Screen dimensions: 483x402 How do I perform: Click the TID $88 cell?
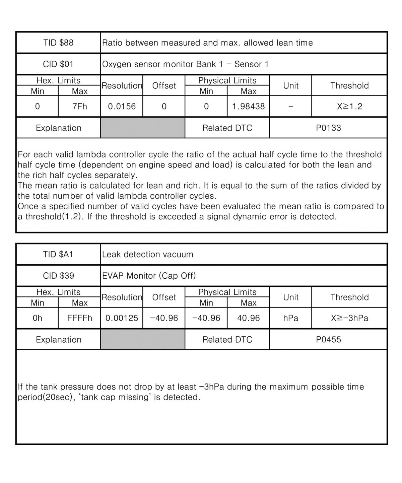pyautogui.click(x=58, y=43)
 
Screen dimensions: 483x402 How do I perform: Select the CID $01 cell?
pyautogui.click(x=58, y=64)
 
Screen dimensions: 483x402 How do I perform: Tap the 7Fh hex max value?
pyautogui.click(x=79, y=107)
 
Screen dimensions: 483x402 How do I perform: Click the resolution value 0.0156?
pyautogui.click(x=122, y=107)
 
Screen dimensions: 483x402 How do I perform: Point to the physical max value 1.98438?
pyautogui.click(x=248, y=107)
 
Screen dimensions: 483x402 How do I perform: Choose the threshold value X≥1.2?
pyautogui.click(x=349, y=107)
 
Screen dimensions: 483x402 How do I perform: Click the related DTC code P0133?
pyautogui.click(x=328, y=128)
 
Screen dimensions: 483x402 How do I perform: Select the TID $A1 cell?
pyautogui.click(x=58, y=255)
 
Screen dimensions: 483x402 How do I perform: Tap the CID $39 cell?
pyautogui.click(x=58, y=276)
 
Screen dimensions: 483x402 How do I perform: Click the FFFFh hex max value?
pyautogui.click(x=79, y=318)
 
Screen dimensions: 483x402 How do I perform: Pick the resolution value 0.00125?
pyautogui.click(x=122, y=318)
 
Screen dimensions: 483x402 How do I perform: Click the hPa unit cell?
pyautogui.click(x=290, y=318)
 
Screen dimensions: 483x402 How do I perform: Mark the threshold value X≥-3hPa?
pyautogui.click(x=349, y=318)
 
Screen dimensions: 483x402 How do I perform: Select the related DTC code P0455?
pyautogui.click(x=328, y=340)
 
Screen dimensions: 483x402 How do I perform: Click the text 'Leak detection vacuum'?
pyautogui.click(x=148, y=255)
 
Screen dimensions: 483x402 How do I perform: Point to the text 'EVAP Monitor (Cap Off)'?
pyautogui.click(x=149, y=276)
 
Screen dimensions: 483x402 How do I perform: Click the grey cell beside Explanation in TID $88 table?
pyautogui.click(x=143, y=128)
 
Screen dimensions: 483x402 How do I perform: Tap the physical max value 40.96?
pyautogui.click(x=248, y=318)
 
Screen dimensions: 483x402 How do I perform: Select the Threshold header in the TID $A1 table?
pyautogui.click(x=349, y=297)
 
